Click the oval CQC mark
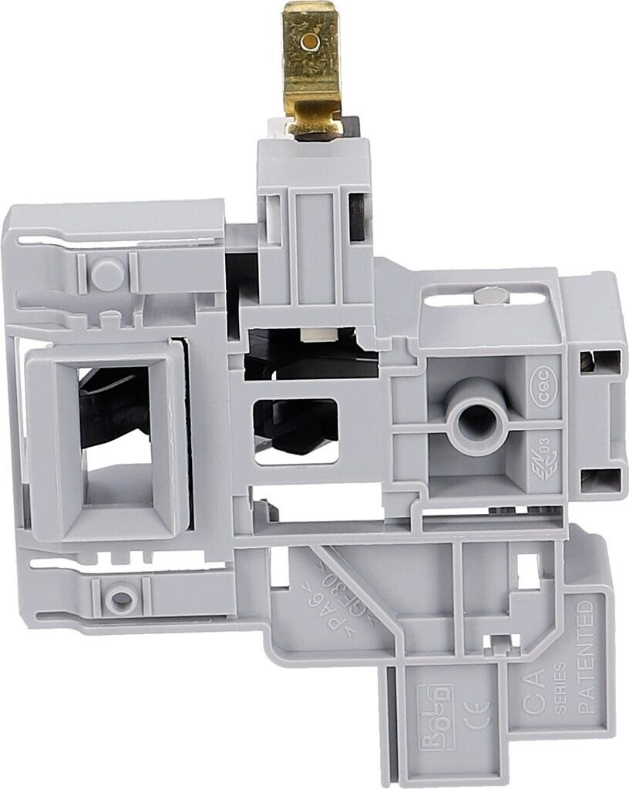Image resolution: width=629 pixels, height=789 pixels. point(547,391)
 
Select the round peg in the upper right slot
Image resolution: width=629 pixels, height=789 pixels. point(488,294)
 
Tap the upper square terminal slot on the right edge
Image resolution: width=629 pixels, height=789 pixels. point(604,360)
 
